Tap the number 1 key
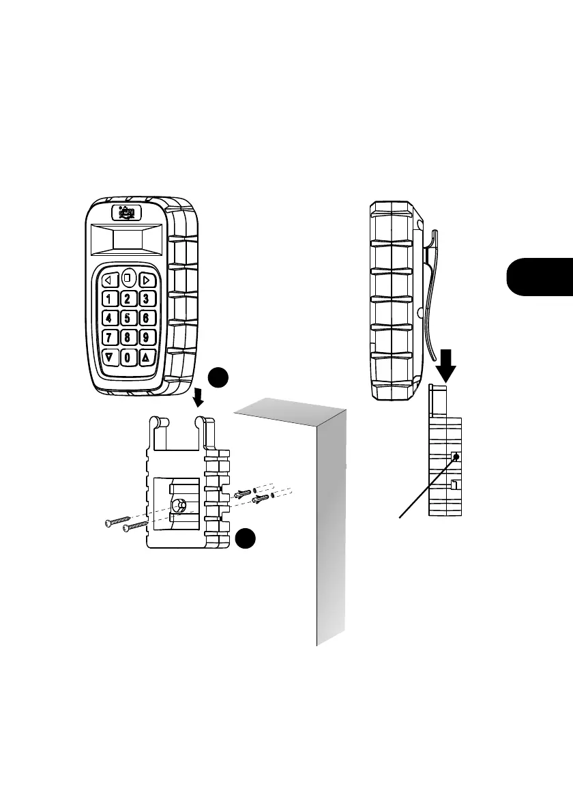[x=109, y=298]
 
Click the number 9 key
[x=146, y=337]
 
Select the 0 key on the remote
[x=128, y=357]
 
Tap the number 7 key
[x=109, y=337]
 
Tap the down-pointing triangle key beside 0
[x=109, y=357]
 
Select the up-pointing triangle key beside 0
[x=146, y=357]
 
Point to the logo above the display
[x=128, y=213]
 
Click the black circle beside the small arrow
[x=218, y=378]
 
